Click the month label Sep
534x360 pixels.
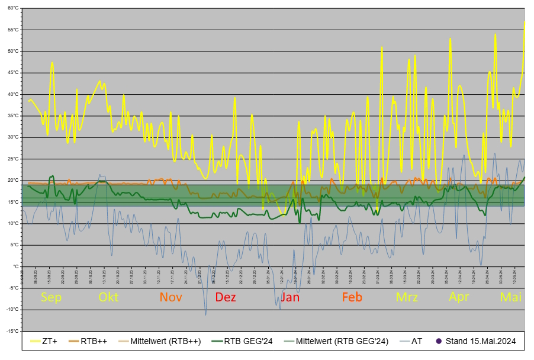click(52, 297)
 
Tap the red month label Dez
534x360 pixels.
click(226, 297)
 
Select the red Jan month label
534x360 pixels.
click(289, 297)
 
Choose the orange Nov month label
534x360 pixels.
click(172, 297)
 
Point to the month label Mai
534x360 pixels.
click(511, 297)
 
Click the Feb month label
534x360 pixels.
click(352, 297)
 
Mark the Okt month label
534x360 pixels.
click(108, 297)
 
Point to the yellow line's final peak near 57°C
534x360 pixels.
click(524, 22)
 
